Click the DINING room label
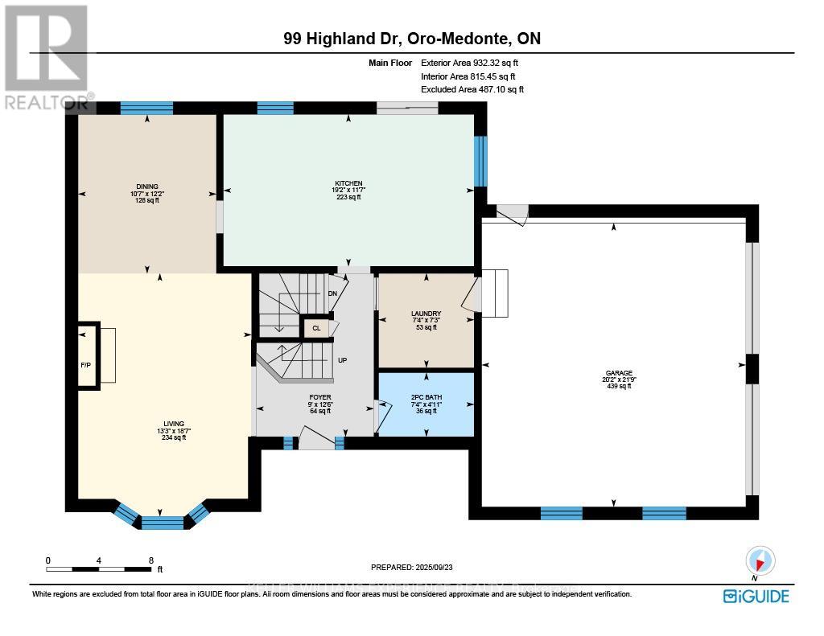(x=146, y=187)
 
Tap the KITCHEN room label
(x=348, y=183)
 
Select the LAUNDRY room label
(x=424, y=314)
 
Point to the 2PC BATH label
(x=424, y=397)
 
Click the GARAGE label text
(x=615, y=372)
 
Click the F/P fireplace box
(x=86, y=355)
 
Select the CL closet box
(x=316, y=328)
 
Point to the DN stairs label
(x=332, y=293)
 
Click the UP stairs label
(x=342, y=360)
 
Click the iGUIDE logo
(x=756, y=596)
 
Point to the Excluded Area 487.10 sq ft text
(x=472, y=90)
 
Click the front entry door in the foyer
(x=315, y=438)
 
